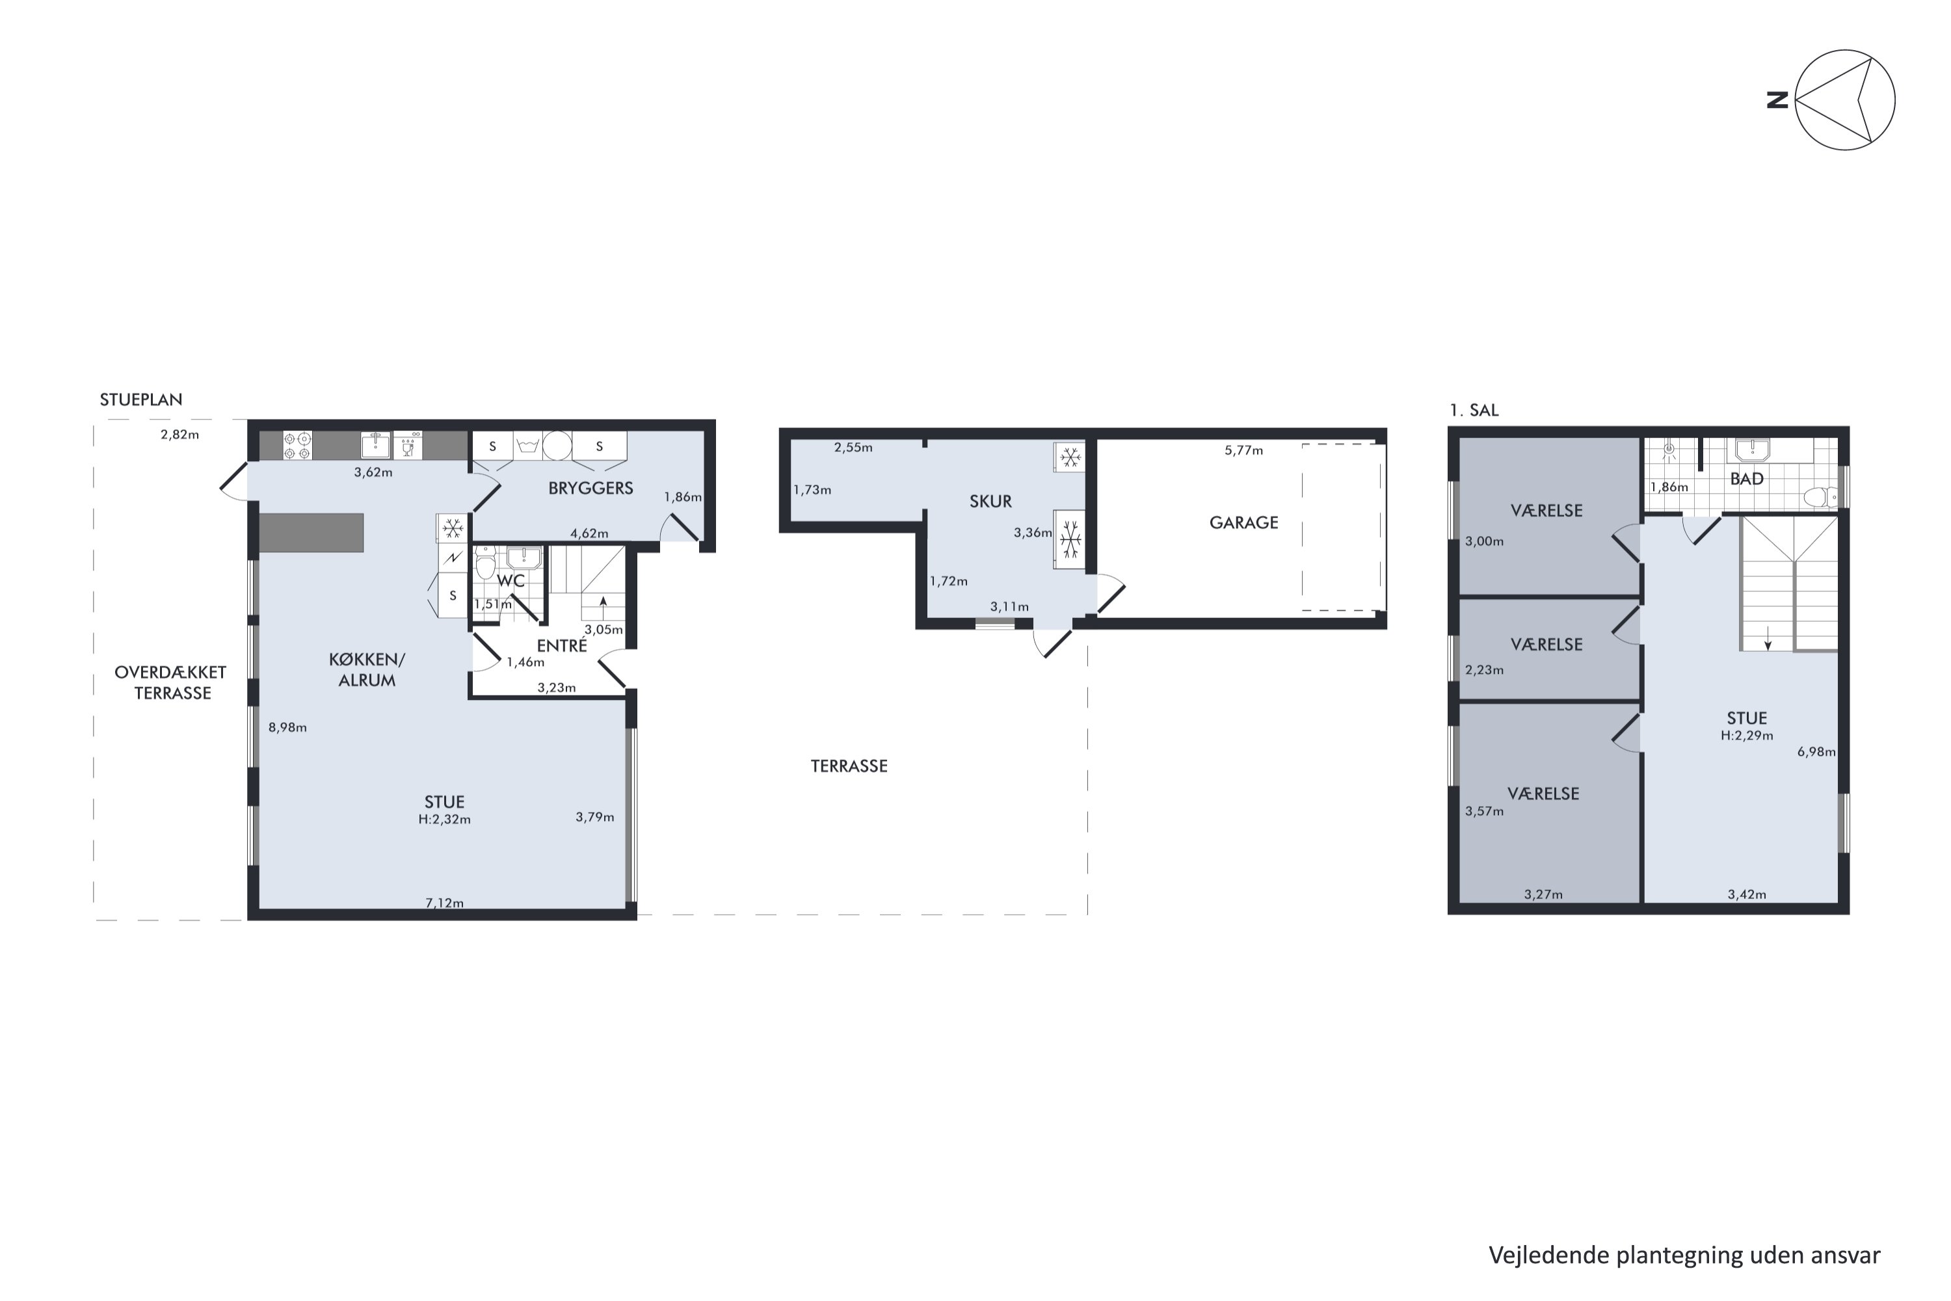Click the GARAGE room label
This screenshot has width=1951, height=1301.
click(1243, 523)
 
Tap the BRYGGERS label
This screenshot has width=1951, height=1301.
click(591, 488)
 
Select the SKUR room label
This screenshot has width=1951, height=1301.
click(990, 501)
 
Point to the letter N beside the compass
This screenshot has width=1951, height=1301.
click(1777, 100)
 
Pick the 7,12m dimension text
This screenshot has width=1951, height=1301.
click(445, 903)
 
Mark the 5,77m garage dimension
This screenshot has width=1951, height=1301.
click(1243, 451)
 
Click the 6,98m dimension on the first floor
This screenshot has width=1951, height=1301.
click(1816, 752)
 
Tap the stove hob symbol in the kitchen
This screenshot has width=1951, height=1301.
click(298, 446)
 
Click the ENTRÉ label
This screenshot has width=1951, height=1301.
click(562, 645)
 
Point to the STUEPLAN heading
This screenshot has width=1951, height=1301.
click(141, 400)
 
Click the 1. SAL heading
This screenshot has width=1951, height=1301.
click(1474, 410)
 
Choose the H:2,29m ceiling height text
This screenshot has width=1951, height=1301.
click(1747, 735)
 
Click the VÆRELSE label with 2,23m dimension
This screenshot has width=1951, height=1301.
click(1546, 645)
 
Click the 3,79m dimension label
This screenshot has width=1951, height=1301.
click(595, 817)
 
